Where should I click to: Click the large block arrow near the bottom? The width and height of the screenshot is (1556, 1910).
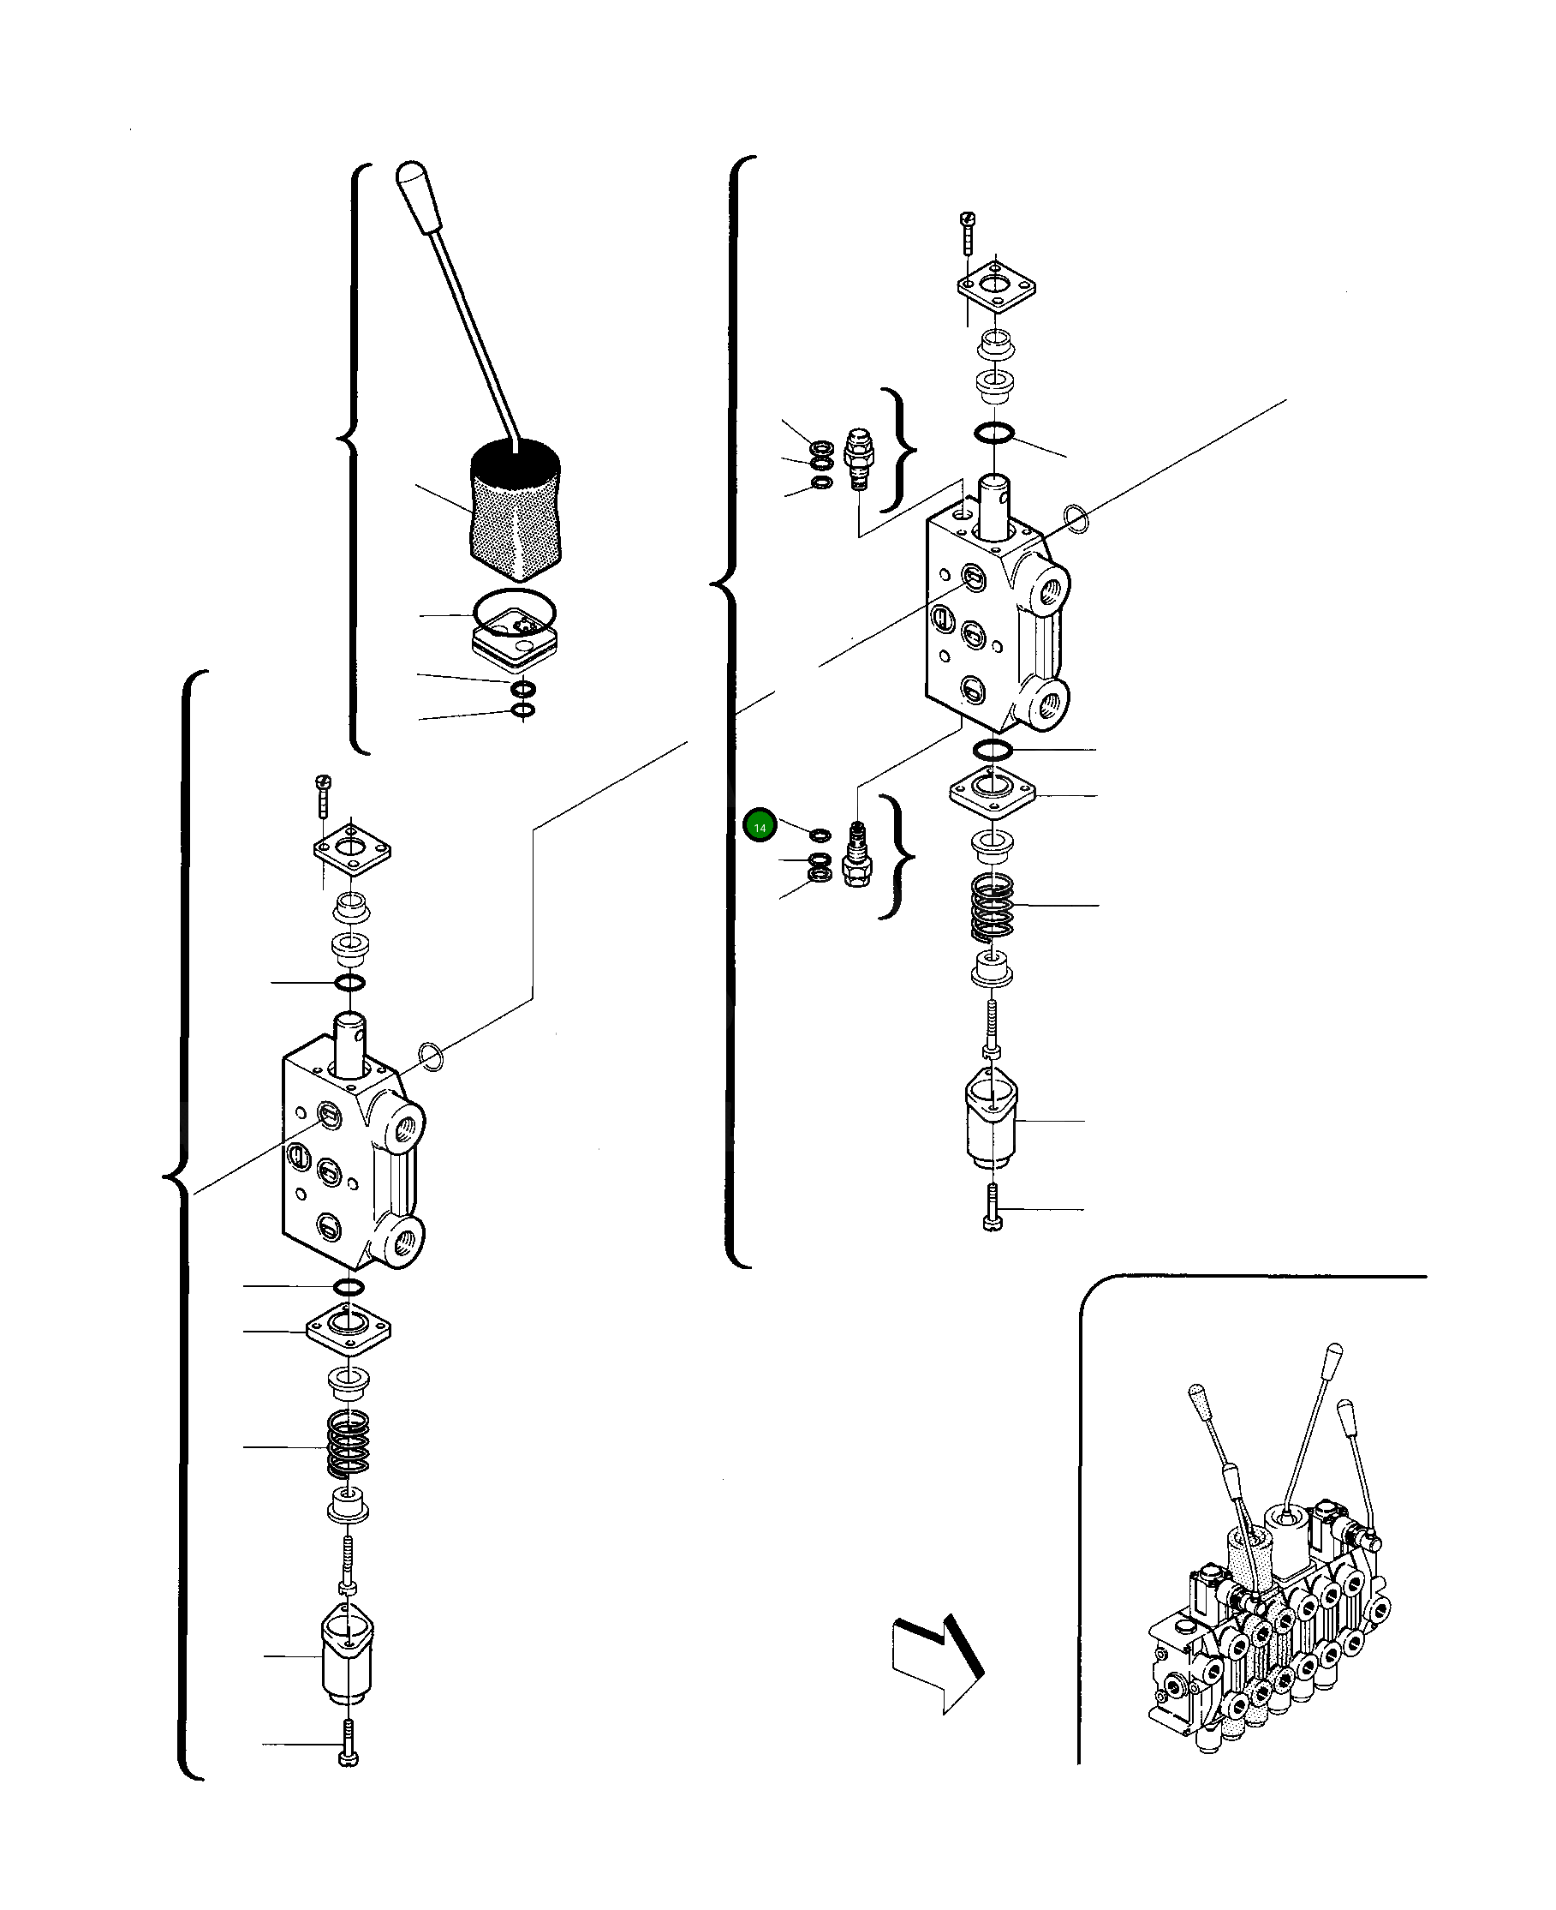pos(936,1662)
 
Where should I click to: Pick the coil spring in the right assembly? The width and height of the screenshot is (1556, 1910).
pos(993,907)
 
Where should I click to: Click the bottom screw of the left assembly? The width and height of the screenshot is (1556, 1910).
pos(349,1744)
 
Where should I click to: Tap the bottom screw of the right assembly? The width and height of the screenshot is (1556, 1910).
pos(993,1208)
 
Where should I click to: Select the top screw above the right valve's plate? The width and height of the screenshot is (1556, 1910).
pos(966,231)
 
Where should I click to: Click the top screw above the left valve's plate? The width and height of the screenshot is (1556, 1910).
pos(323,793)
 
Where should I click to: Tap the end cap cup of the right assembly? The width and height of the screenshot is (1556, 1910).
pos(991,1119)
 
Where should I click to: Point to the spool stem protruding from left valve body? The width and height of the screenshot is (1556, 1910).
pos(349,1042)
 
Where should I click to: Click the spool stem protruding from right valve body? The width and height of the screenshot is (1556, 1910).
pos(994,505)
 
